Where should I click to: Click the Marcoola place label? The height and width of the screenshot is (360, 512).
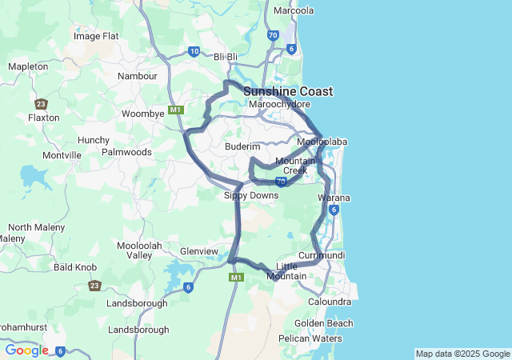(x=294, y=10)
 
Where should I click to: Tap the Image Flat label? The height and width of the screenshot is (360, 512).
(x=96, y=36)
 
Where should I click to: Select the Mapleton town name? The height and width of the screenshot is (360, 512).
(x=27, y=66)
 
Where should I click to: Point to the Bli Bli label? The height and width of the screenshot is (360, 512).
(x=227, y=56)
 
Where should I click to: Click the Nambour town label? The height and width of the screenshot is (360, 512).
(x=138, y=76)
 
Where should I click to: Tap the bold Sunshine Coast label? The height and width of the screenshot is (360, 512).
(x=288, y=91)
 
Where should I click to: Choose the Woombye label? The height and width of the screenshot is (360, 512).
(x=142, y=114)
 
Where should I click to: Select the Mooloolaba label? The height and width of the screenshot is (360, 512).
(x=322, y=142)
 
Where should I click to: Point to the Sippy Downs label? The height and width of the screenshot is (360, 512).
(x=250, y=195)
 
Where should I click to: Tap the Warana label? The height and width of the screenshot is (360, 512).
(x=334, y=197)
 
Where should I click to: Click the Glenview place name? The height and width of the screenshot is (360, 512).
(x=199, y=251)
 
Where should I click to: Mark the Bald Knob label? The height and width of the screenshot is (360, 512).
(x=75, y=267)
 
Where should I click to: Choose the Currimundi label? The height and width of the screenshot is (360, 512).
(x=321, y=255)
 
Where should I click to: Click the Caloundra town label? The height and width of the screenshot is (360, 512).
(x=330, y=302)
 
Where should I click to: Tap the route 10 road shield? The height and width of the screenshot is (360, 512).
(x=194, y=51)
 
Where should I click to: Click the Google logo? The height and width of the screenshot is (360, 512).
(x=26, y=350)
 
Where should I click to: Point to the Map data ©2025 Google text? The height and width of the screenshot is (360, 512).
(x=462, y=354)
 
